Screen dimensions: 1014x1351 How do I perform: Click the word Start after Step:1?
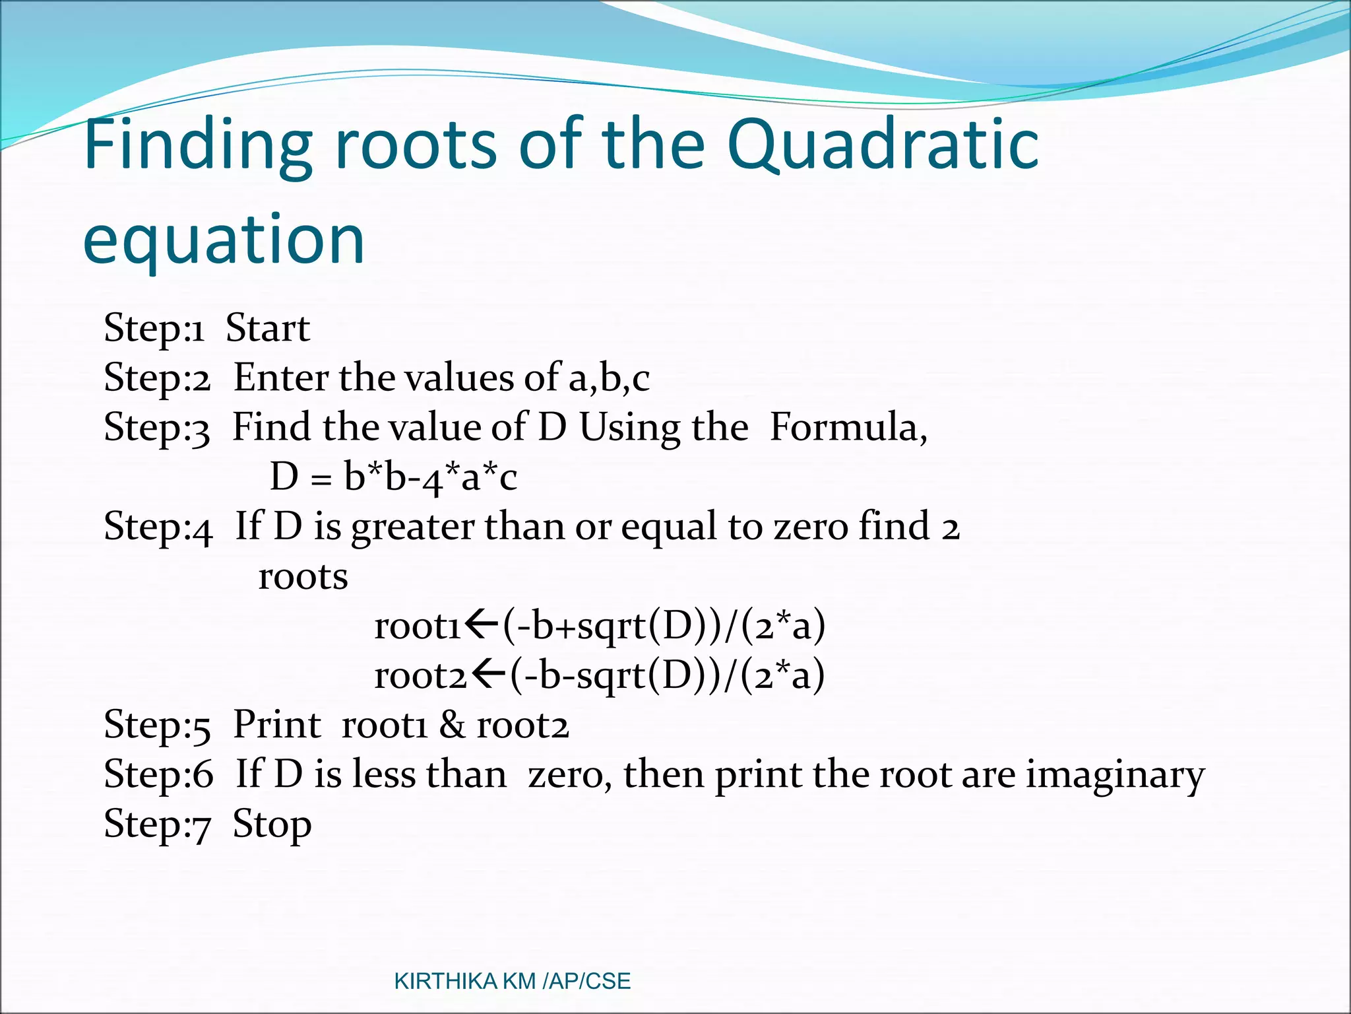click(267, 328)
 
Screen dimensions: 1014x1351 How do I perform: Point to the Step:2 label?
click(157, 378)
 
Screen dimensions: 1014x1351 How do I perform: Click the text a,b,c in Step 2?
click(609, 378)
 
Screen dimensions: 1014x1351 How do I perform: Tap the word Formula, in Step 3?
click(848, 427)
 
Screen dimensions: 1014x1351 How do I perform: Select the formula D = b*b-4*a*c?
click(393, 477)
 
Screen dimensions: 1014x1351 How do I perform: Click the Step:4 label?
click(158, 527)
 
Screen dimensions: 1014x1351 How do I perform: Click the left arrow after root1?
click(482, 625)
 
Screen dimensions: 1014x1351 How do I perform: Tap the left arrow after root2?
click(489, 675)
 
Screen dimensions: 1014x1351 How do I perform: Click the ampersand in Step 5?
click(452, 724)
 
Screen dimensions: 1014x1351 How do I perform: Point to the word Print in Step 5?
click(277, 724)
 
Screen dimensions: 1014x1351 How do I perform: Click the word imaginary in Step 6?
click(1115, 774)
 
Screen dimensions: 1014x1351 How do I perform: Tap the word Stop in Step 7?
click(272, 825)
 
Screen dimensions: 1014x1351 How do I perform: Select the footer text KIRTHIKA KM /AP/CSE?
click(512, 981)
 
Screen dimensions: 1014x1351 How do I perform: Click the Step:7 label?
click(157, 825)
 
